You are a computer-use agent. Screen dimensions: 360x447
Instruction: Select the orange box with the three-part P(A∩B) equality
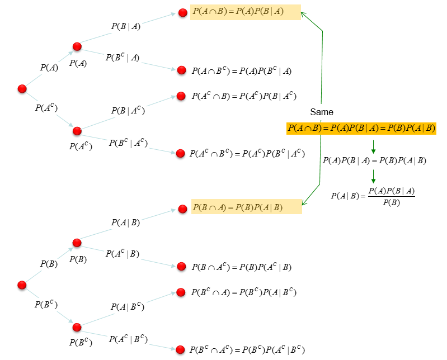tap(361, 129)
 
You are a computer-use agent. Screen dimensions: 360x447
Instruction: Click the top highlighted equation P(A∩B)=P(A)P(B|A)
tap(246, 12)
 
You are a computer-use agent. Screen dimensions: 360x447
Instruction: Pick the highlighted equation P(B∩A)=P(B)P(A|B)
tap(246, 207)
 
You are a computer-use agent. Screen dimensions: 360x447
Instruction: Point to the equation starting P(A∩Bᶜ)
tap(241, 71)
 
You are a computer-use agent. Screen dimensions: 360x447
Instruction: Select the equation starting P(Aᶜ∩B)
tap(243, 96)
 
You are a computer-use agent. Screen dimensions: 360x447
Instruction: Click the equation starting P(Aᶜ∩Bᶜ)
tap(247, 153)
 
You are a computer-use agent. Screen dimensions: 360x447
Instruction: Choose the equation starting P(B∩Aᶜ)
tap(241, 267)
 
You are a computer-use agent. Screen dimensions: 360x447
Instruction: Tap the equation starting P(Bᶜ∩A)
tap(243, 292)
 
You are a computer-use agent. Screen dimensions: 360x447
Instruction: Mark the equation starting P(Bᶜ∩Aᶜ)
tap(247, 350)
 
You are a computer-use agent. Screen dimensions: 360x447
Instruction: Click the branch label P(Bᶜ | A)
tap(122, 57)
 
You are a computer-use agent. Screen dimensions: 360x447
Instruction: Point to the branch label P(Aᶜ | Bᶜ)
tap(128, 339)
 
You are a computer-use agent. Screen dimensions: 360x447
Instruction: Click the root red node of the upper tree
tap(22, 89)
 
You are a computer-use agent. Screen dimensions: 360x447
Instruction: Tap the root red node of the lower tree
tap(22, 285)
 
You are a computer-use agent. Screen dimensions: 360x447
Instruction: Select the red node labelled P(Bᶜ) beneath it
tap(77, 327)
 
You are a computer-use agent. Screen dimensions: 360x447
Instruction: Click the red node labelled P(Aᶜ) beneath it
tap(77, 131)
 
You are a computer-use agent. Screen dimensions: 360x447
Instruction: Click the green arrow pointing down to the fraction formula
tap(373, 177)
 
